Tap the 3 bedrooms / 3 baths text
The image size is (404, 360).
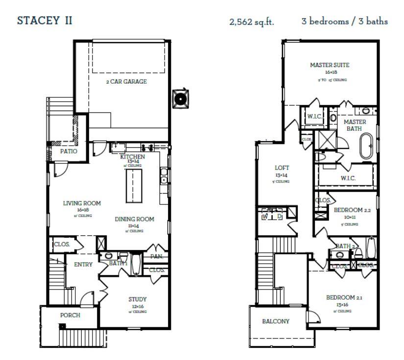[345, 22]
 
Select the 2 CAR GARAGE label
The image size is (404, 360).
[126, 82]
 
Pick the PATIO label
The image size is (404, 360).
[69, 152]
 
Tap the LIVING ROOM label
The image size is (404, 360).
[82, 203]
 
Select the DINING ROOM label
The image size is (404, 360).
[135, 219]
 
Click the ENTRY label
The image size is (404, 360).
[83, 265]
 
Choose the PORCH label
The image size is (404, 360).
[70, 315]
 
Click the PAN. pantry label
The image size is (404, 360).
[157, 256]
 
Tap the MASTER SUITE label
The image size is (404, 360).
[330, 65]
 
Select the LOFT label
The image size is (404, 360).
[282, 168]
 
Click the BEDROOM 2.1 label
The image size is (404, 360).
[343, 297]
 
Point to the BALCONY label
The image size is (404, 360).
[276, 321]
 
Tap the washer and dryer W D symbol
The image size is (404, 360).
[273, 216]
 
